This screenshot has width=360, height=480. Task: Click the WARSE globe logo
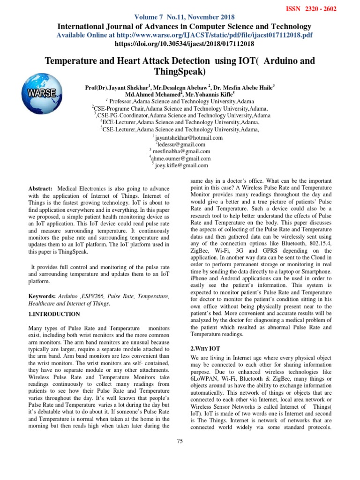[x=41, y=92]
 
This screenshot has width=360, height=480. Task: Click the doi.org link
[x=184, y=44]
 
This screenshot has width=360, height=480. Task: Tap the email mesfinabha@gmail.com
[x=181, y=151]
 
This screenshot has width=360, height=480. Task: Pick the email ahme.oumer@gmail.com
[x=181, y=158]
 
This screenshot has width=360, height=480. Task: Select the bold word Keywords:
[x=42, y=296]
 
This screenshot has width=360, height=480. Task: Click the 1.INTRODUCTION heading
[x=54, y=314]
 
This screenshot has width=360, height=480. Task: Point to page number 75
[x=180, y=441]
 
